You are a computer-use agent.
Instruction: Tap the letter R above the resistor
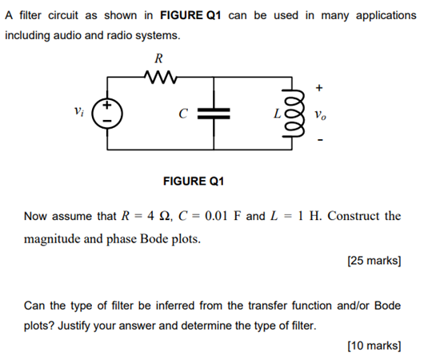tap(158, 58)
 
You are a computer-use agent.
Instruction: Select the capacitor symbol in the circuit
tap(214, 114)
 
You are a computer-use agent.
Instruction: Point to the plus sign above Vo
tap(320, 86)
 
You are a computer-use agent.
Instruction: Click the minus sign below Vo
tap(320, 142)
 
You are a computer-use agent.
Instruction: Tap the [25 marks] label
tap(374, 260)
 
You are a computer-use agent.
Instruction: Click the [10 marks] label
tap(374, 346)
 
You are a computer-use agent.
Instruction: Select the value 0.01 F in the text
tap(215, 216)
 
